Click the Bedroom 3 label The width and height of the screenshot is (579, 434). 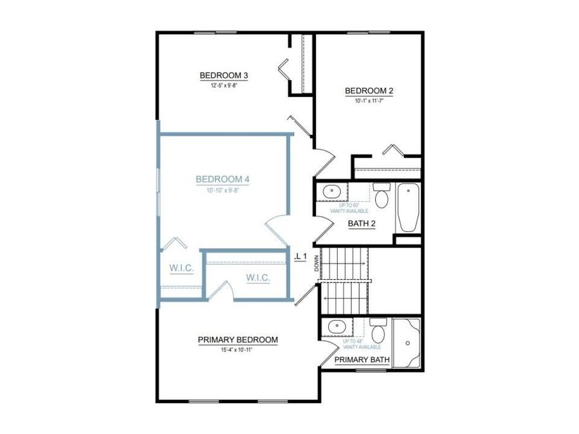click(x=224, y=75)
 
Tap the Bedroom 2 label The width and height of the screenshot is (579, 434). click(x=369, y=91)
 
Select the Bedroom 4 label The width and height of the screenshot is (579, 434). click(x=223, y=179)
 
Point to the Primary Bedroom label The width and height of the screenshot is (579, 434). click(x=237, y=339)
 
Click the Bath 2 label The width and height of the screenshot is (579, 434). click(x=362, y=224)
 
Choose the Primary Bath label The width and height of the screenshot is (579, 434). click(x=362, y=360)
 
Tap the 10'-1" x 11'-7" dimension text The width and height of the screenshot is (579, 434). click(x=369, y=101)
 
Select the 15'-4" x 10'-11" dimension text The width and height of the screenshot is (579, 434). click(x=237, y=350)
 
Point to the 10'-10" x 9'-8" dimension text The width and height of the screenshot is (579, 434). click(x=223, y=190)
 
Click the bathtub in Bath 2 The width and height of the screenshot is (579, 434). click(x=407, y=208)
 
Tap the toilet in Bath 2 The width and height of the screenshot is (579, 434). click(x=381, y=196)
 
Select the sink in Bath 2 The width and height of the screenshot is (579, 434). click(x=332, y=191)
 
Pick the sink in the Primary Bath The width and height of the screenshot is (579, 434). click(x=335, y=327)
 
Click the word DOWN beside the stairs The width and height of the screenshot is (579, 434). click(x=317, y=264)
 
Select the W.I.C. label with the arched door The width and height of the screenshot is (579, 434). click(x=257, y=278)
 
